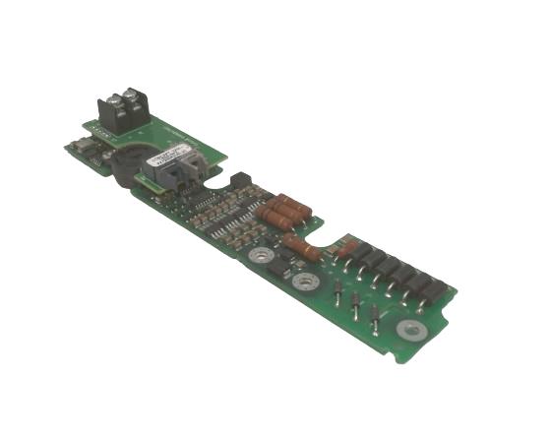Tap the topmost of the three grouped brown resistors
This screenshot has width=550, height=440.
tap(293, 203)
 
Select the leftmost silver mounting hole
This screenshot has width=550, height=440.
tap(261, 256)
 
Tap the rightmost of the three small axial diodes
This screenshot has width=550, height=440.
tap(375, 315)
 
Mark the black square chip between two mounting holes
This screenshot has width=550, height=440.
tap(284, 266)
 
